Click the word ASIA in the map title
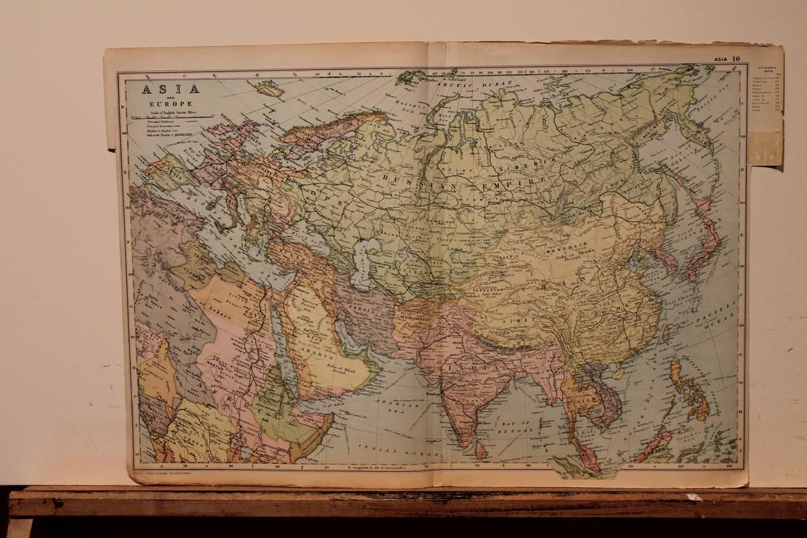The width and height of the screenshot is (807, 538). click(164, 90)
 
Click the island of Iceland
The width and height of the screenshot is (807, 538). click(269, 89)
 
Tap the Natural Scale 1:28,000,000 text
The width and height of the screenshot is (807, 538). click(169, 135)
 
